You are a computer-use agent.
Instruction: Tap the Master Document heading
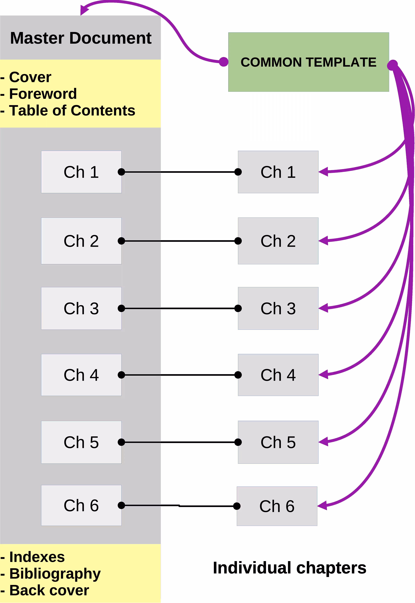click(x=81, y=38)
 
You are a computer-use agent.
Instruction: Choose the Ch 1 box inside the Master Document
click(x=81, y=172)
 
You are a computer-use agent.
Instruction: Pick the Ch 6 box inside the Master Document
click(x=81, y=506)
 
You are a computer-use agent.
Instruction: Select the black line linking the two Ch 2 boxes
click(x=179, y=241)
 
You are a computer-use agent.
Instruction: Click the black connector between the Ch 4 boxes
click(x=179, y=375)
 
